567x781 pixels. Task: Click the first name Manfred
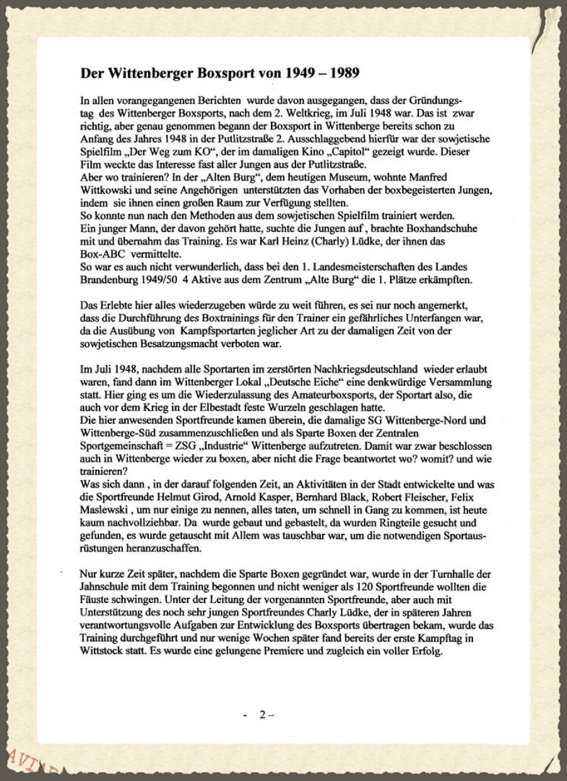(428, 177)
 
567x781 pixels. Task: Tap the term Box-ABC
(100, 254)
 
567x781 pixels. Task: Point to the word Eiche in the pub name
(329, 382)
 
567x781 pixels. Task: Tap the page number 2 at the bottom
(263, 715)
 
